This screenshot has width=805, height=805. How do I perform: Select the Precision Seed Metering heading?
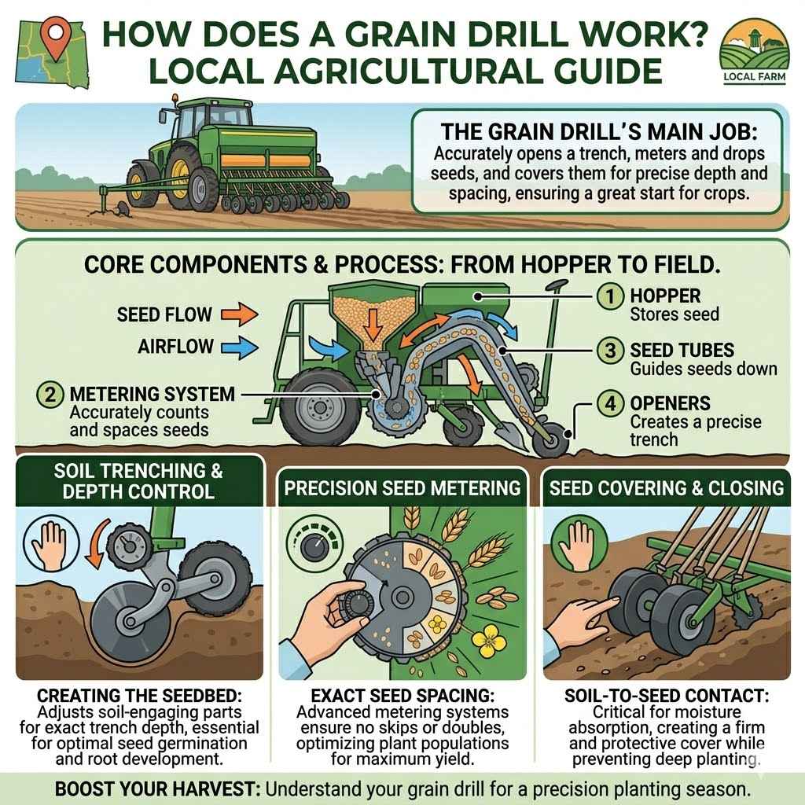coord(402,487)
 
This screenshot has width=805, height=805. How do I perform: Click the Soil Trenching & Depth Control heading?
coord(138,481)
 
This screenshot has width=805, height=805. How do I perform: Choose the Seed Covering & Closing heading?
coord(667,487)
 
